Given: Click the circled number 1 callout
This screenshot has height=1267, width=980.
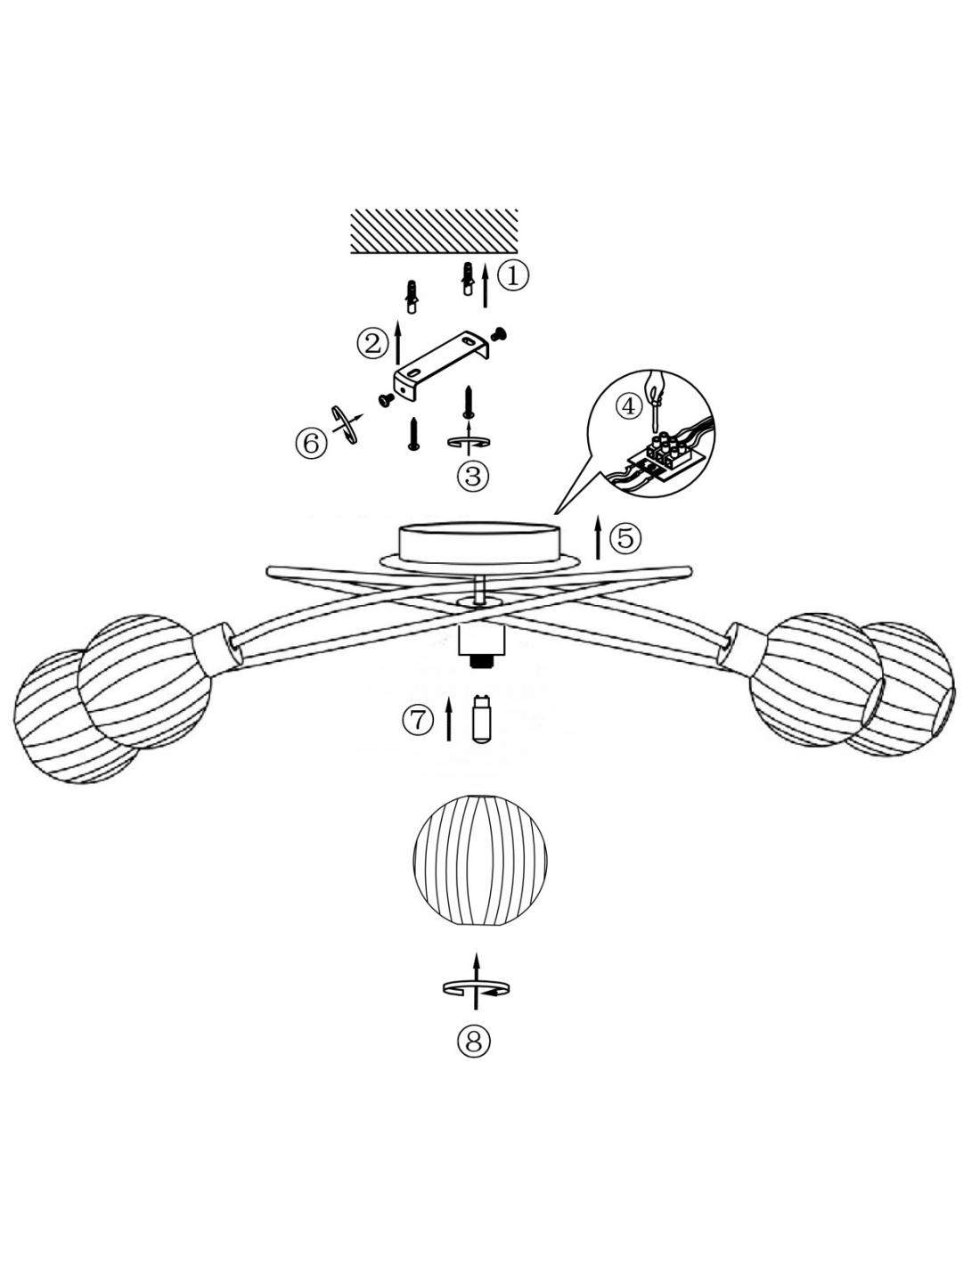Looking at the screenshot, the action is [x=512, y=276].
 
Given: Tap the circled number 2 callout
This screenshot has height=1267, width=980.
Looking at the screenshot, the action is [x=372, y=343].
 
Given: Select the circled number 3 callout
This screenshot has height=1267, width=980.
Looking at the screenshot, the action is [x=473, y=475].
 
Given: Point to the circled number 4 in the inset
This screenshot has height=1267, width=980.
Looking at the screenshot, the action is [x=628, y=405].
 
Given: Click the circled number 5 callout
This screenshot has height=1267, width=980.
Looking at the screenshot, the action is [x=625, y=537].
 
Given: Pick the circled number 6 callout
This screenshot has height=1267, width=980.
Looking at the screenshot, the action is [x=310, y=445].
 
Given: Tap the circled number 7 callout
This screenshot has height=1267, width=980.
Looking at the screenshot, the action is [x=418, y=721].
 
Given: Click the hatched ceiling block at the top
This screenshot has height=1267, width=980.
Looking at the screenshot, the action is [x=434, y=232].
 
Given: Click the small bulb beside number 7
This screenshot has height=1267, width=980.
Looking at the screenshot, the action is [x=481, y=718].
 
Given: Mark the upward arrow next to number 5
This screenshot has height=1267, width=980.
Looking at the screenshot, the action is [x=598, y=537].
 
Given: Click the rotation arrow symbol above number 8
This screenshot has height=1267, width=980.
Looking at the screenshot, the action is [x=476, y=988].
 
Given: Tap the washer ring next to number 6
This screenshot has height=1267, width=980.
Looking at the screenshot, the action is [x=344, y=424].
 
